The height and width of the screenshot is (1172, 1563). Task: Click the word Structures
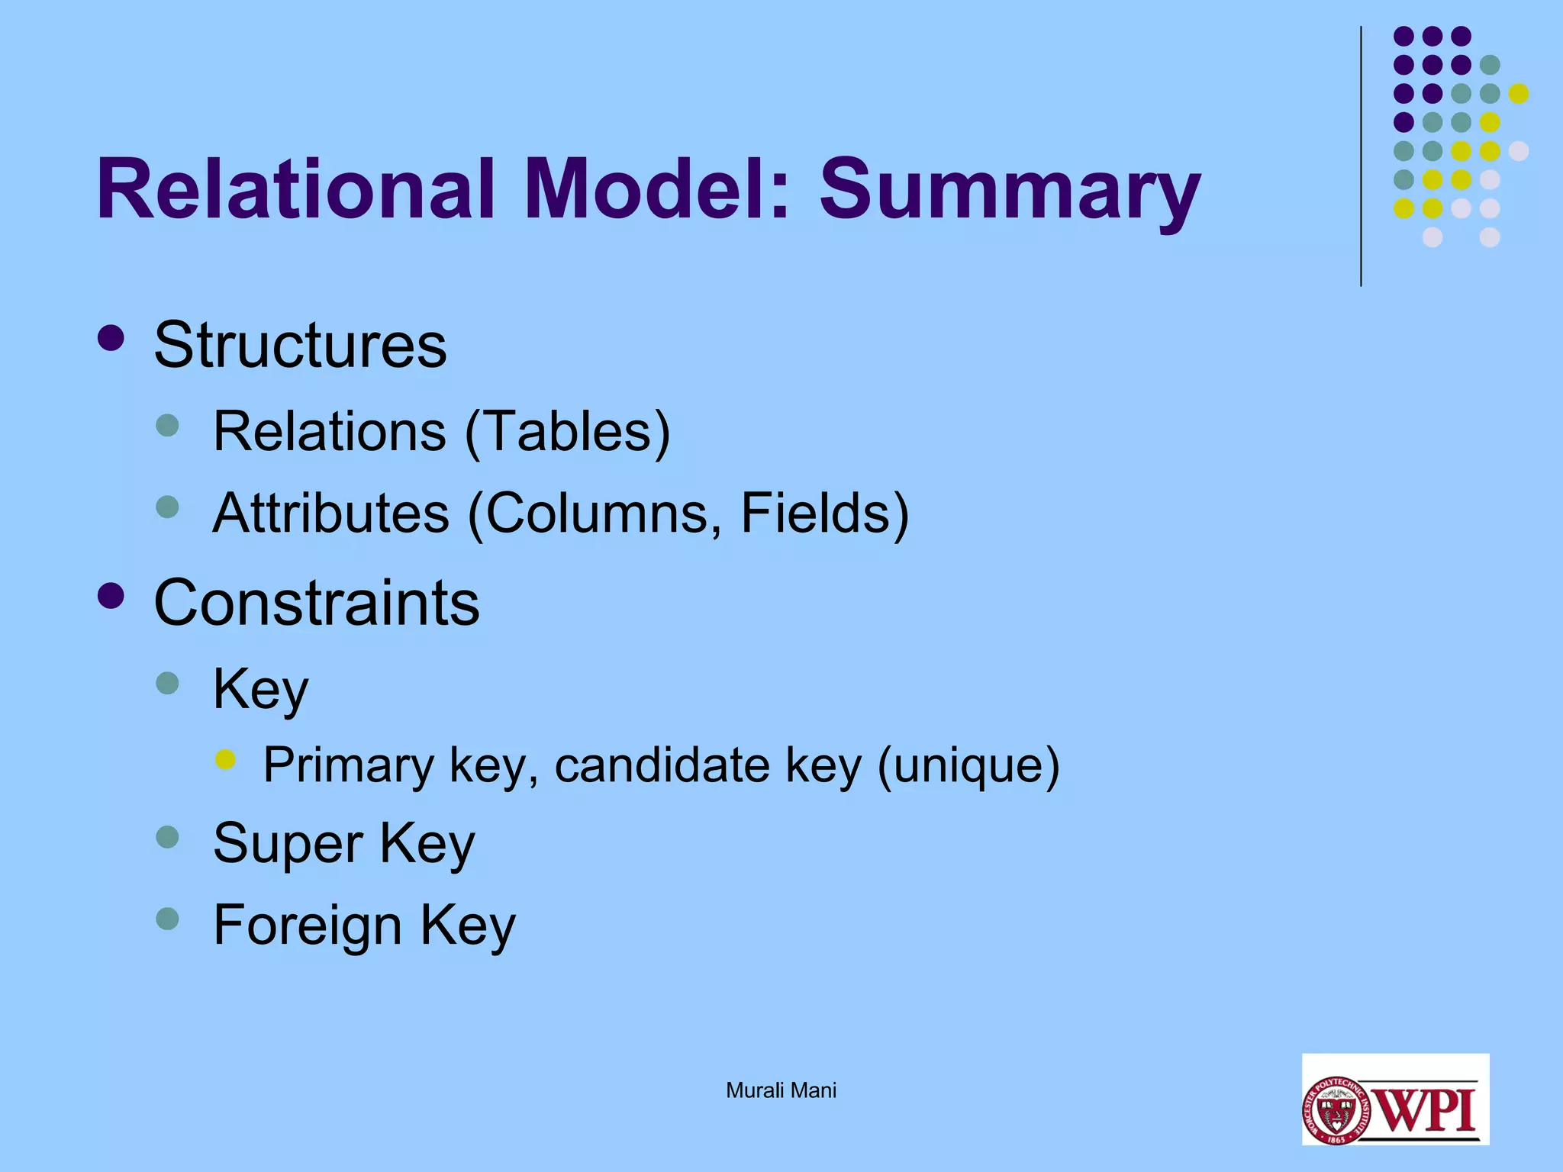300,345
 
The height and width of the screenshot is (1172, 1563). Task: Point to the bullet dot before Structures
111,338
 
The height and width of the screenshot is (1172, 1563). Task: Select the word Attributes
331,513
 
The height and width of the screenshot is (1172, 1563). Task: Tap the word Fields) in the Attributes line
824,513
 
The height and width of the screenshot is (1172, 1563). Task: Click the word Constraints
317,603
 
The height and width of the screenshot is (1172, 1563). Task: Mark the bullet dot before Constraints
111,596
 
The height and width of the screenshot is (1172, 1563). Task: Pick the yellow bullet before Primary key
225,759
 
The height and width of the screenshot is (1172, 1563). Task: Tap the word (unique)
968,765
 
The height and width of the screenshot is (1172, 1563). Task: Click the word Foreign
307,925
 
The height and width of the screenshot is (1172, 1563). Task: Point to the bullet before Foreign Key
167,919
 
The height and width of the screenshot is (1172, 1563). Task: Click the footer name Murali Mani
781,1090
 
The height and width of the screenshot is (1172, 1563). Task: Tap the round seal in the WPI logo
1336,1110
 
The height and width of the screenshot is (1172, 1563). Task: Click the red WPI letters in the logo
1428,1109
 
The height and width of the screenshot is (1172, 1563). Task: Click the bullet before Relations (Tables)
167,425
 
